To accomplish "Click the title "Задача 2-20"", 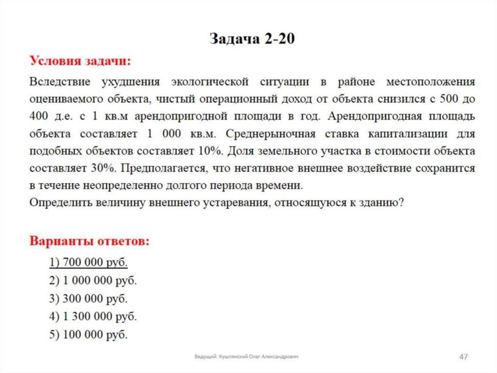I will point(252,39).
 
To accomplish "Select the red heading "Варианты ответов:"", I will point(90,241).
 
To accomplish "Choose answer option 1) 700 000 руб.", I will point(88,263).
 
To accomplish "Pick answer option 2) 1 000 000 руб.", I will point(93,281).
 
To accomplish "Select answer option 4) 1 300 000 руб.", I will point(93,317).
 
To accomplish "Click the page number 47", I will point(463,357).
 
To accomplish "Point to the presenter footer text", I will point(246,357).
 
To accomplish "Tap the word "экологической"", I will point(210,81).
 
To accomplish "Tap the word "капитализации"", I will point(393,134).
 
